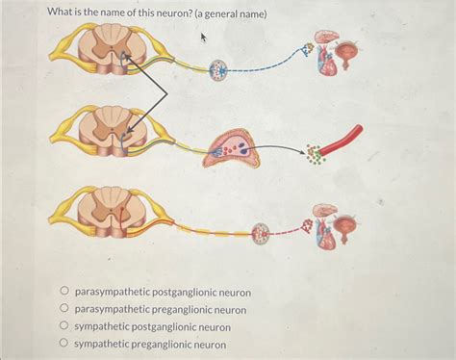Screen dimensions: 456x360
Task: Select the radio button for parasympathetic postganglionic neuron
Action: pyautogui.click(x=64, y=291)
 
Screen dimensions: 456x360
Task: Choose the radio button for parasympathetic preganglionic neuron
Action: pyautogui.click(x=64, y=309)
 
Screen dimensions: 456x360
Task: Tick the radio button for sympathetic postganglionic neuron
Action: pyautogui.click(x=64, y=326)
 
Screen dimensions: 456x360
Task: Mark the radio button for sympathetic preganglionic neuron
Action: pyautogui.click(x=64, y=344)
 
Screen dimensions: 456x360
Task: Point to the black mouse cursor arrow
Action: pyautogui.click(x=204, y=37)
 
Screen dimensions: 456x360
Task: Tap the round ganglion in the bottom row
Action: pyautogui.click(x=262, y=232)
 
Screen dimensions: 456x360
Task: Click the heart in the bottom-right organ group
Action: pyautogui.click(x=326, y=234)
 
